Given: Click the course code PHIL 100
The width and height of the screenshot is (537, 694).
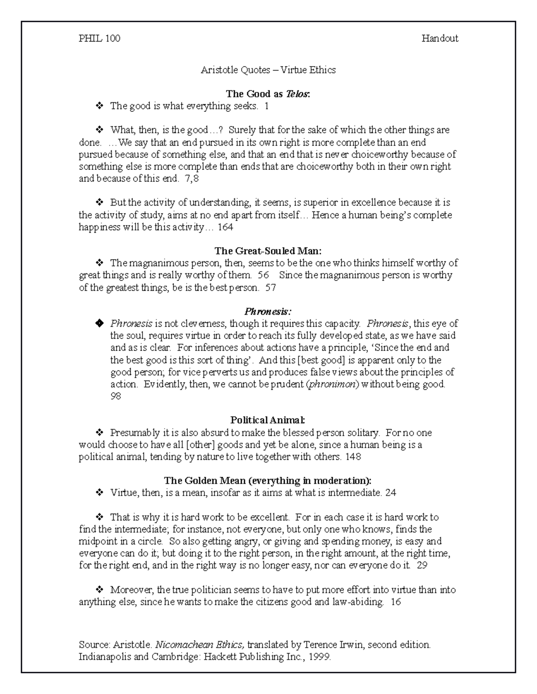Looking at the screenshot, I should coord(99,38).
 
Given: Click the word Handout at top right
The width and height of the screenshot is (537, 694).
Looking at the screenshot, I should coord(439,38).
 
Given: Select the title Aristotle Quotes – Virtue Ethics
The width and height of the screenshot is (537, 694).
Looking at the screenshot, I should coord(268,70).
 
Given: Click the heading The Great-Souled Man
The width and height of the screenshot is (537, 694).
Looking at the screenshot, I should coord(268,251).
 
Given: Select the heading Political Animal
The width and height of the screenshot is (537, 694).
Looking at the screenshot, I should coord(268,420).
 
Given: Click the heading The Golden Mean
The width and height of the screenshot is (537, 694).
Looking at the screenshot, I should coord(268,481).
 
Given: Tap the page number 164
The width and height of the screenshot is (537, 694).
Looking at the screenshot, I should coord(226,227).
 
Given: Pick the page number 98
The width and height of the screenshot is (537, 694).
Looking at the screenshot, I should coord(115,396).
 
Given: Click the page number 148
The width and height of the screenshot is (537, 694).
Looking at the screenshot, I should coord(353,457).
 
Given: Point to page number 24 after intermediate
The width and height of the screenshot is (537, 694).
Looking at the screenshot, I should coord(390,493).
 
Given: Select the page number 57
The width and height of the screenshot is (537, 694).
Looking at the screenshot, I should coord(270,288).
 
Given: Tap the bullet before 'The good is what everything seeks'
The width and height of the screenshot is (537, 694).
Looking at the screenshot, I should coord(99,106).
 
